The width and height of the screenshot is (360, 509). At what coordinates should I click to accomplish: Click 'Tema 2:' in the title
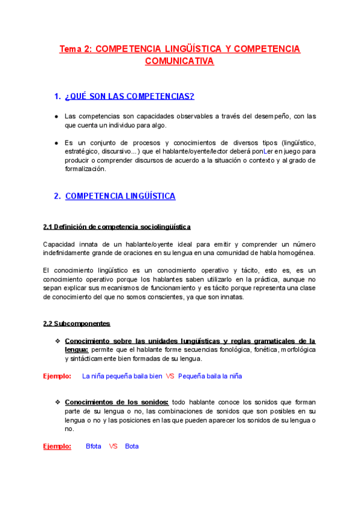(x=76, y=49)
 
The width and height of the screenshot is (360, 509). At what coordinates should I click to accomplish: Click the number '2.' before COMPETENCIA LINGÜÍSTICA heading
(x=57, y=196)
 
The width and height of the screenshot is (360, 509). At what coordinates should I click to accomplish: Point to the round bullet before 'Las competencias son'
(x=56, y=116)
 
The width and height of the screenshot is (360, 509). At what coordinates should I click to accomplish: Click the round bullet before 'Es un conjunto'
(x=56, y=143)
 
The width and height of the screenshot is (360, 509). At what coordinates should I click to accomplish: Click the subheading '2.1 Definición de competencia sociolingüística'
(x=117, y=227)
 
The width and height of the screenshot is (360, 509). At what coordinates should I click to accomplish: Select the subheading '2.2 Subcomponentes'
(x=77, y=324)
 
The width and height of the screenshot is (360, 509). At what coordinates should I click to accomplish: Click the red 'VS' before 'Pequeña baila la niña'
(x=170, y=376)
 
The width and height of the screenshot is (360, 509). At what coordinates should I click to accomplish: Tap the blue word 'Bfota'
(x=94, y=447)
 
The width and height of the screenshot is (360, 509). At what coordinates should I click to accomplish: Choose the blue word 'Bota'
(x=132, y=447)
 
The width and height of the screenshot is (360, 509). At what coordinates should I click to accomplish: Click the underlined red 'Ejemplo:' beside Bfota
(x=57, y=447)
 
